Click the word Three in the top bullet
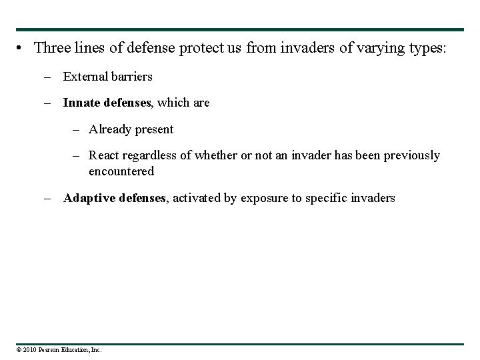[51, 48]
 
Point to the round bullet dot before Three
[22, 49]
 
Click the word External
[85, 76]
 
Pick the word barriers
[131, 76]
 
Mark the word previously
[411, 155]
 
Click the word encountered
[121, 171]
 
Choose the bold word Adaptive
[89, 198]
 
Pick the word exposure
[265, 198]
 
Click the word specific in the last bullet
[328, 198]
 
